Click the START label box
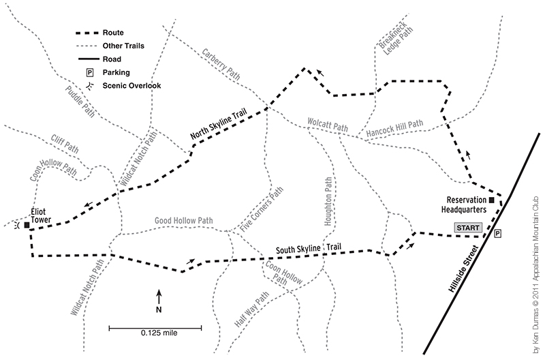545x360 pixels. click(469, 228)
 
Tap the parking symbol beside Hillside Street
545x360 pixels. click(497, 234)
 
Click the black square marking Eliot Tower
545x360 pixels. click(27, 225)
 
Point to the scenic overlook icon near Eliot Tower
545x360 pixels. click(17, 225)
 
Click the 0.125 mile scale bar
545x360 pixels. click(159, 330)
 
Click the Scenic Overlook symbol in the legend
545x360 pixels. click(89, 85)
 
